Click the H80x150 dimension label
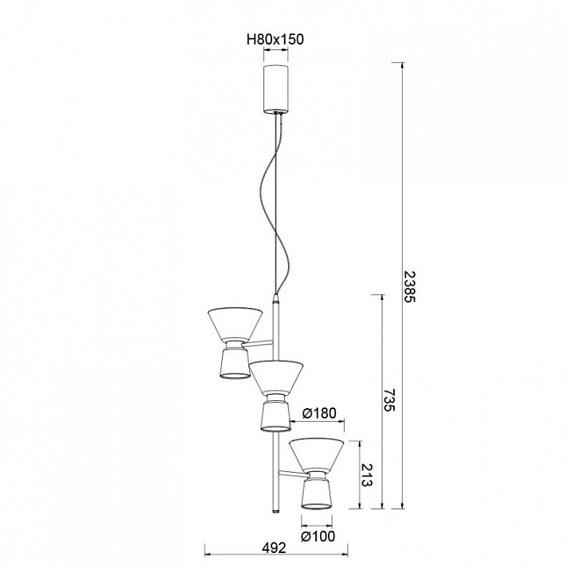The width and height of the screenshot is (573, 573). tap(275, 39)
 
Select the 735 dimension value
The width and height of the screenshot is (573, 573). tap(389, 399)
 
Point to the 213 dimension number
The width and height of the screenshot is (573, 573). tap(367, 475)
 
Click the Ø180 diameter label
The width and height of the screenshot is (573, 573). tap(319, 413)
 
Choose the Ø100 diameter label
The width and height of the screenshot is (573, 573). tap(318, 536)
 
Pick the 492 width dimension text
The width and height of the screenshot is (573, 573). tap(275, 548)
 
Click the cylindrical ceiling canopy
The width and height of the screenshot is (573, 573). tap(275, 89)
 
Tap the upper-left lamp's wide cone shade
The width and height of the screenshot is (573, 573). tap(236, 323)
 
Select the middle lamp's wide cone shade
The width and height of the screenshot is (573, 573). tap(276, 376)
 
